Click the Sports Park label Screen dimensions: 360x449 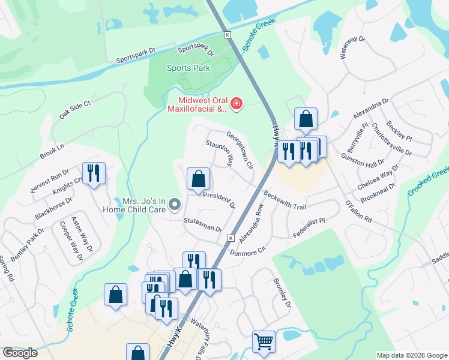click(x=188, y=68)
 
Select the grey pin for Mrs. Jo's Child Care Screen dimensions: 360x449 click(x=175, y=205)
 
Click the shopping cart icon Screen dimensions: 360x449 click(x=263, y=342)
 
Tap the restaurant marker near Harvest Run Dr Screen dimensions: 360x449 click(x=94, y=173)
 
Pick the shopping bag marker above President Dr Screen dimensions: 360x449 click(x=198, y=179)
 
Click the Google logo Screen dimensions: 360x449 click(x=20, y=353)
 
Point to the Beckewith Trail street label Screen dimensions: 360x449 click(x=285, y=200)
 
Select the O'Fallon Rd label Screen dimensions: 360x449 click(x=358, y=212)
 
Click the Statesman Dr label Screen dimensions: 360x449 click(x=203, y=224)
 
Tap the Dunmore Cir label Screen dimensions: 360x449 click(x=261, y=245)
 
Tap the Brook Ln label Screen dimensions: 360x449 click(x=52, y=151)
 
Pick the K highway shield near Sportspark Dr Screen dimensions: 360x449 click(x=227, y=35)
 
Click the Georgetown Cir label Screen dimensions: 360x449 click(x=241, y=149)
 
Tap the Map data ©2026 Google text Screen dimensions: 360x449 click(x=411, y=355)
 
